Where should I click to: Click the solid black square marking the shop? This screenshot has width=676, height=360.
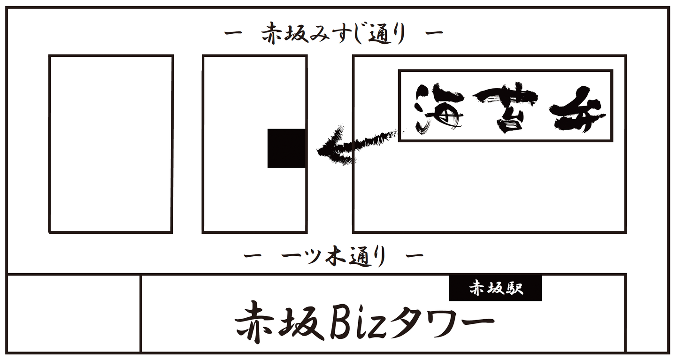tap(286, 148)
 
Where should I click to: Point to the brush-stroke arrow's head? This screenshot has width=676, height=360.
tap(329, 150)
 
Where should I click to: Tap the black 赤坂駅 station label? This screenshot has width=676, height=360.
tap(495, 288)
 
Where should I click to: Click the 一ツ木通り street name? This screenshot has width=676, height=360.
tap(333, 256)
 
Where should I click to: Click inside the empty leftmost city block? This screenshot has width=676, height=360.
tap(111, 144)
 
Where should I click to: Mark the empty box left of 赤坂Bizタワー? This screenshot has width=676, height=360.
tap(74, 314)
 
